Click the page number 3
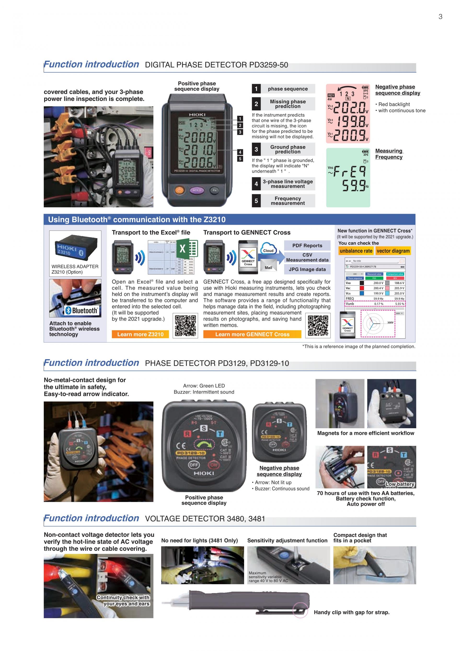440,17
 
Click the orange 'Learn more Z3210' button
140,334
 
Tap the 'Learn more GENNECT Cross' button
252,334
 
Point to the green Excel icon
187,249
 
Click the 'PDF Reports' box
307,246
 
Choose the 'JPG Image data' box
307,269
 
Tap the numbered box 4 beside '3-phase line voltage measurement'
256,184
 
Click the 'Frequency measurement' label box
287,201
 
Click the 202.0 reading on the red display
350,107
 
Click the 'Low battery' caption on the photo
400,484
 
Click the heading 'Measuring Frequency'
389,154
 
